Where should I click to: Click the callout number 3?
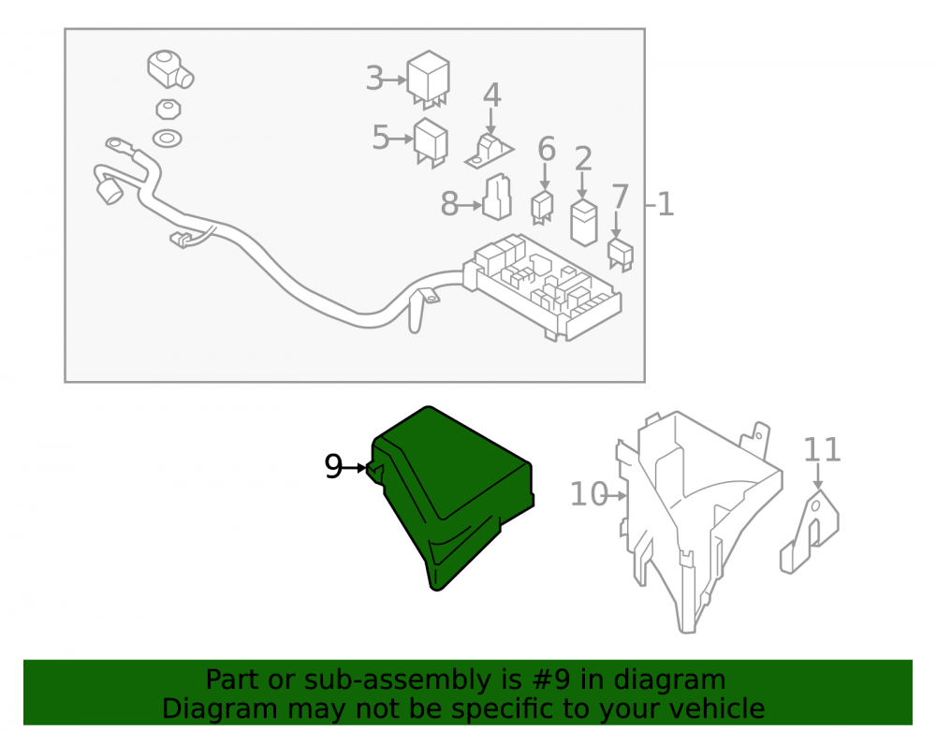click(374, 79)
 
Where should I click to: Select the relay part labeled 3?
click(428, 80)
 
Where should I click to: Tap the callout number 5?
click(380, 138)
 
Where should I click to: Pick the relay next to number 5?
click(431, 142)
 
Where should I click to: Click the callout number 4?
click(492, 95)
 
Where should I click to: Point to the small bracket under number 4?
click(489, 153)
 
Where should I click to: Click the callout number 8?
click(449, 204)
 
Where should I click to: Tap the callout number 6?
click(547, 149)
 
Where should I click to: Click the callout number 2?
click(583, 159)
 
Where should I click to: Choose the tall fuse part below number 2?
click(584, 223)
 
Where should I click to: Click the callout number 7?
click(621, 197)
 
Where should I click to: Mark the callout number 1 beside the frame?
click(665, 205)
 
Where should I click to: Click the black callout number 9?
click(333, 467)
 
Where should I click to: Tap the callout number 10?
click(589, 495)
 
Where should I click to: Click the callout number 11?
click(822, 450)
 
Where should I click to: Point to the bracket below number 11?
click(810, 532)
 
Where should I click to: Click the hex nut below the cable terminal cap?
click(168, 110)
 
